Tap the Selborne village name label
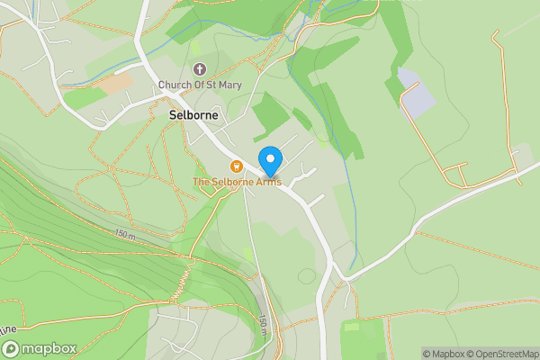click(x=192, y=115)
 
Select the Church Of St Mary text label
click(x=200, y=85)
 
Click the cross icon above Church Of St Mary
click(x=200, y=69)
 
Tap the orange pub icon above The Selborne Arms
click(x=236, y=166)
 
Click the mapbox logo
click(x=38, y=347)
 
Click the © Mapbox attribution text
click(x=445, y=354)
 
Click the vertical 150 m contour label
click(x=263, y=325)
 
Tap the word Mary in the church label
click(x=228, y=85)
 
